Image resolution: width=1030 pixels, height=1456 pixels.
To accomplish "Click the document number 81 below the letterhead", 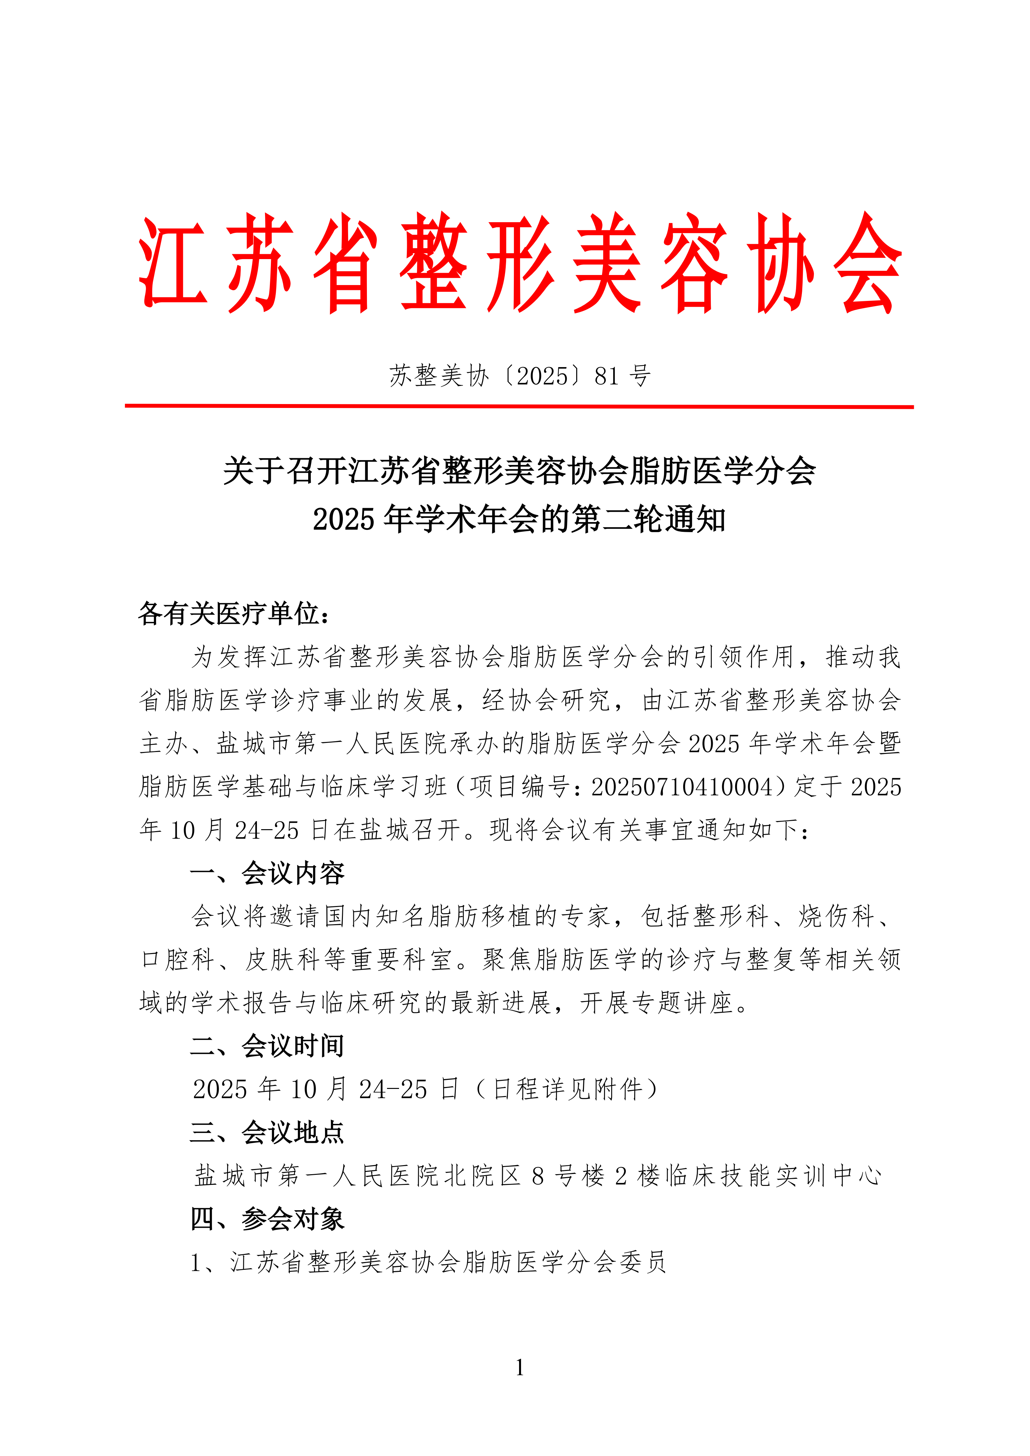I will point(607,376).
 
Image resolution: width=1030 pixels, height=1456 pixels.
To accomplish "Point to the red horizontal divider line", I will point(519,406).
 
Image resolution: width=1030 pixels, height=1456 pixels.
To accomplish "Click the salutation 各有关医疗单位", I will point(228,613).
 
